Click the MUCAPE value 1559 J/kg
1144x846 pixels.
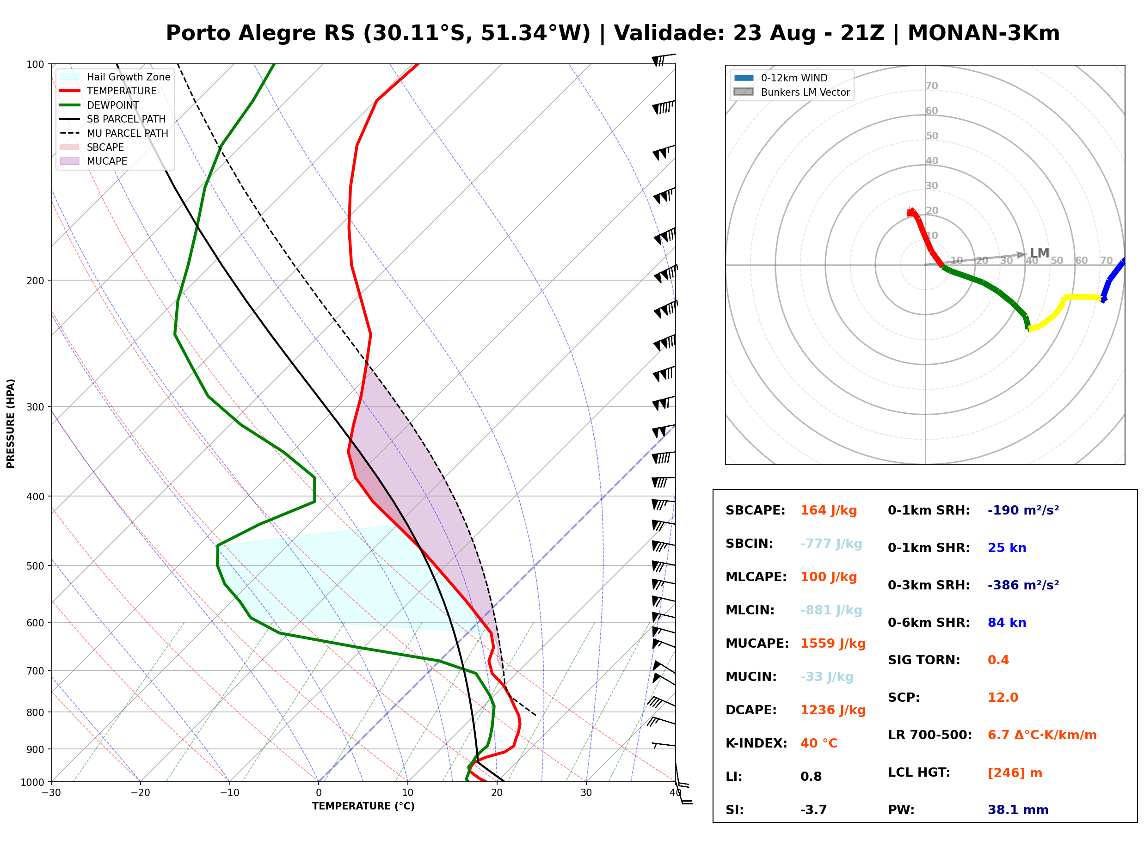(x=833, y=643)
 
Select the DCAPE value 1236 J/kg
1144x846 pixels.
(x=833, y=710)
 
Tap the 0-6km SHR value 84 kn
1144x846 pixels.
(x=1007, y=622)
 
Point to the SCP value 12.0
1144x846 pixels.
(x=1003, y=697)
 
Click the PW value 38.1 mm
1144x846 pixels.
(x=1018, y=809)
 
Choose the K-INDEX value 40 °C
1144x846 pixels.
(x=819, y=743)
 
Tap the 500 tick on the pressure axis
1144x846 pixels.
(x=35, y=566)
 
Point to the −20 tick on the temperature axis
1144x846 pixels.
(x=140, y=793)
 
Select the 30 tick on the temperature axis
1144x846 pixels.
(x=586, y=793)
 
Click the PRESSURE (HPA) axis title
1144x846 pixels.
(x=11, y=423)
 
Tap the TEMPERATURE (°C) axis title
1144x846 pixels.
(x=363, y=806)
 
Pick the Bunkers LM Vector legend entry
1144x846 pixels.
(x=792, y=92)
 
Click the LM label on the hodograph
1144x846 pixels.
(x=1039, y=253)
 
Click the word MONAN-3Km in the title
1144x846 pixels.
(x=983, y=33)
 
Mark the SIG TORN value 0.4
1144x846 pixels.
(x=998, y=660)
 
